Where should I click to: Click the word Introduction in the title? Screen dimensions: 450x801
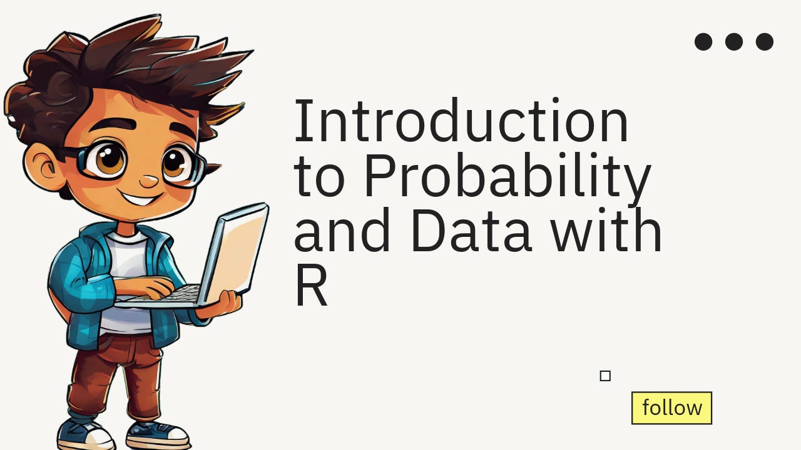(461, 121)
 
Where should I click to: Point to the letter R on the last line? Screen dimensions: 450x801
(311, 287)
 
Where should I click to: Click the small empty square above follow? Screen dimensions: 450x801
(605, 376)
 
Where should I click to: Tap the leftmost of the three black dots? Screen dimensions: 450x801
(703, 42)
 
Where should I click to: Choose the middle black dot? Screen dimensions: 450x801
(734, 42)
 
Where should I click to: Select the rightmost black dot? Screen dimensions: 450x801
(765, 42)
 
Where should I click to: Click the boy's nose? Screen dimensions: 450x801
(148, 182)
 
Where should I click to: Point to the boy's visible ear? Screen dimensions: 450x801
(47, 166)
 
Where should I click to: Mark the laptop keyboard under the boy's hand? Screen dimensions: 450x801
(178, 293)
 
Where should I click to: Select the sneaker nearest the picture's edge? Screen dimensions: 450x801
(84, 434)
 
